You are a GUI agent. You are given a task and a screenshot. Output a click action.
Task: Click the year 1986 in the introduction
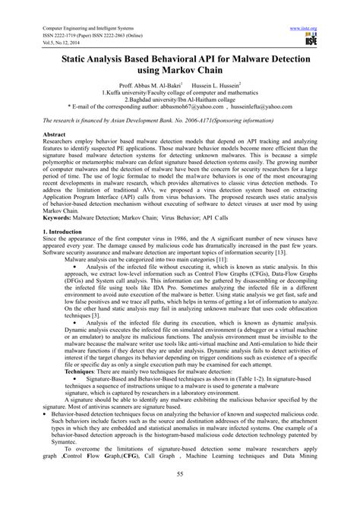163,259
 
